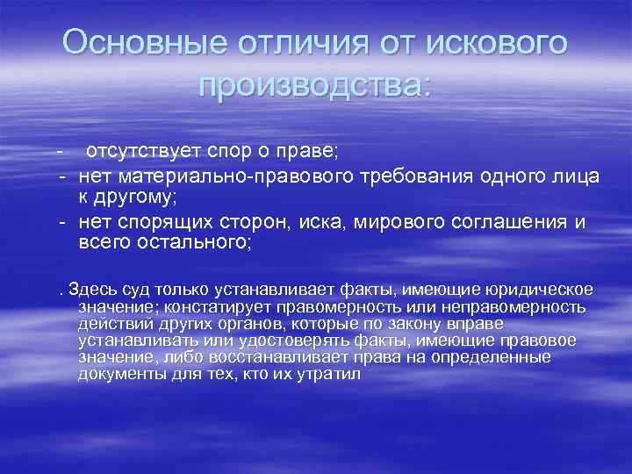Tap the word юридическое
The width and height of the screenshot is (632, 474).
point(539,289)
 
